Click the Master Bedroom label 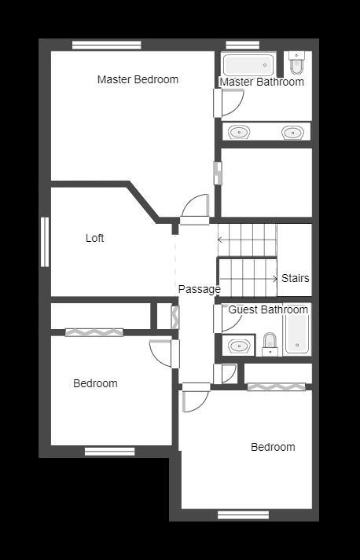(x=138, y=79)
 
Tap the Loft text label (x=95, y=238)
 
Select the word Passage (x=199, y=289)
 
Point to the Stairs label (x=296, y=278)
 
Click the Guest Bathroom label (x=268, y=309)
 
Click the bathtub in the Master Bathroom (x=248, y=64)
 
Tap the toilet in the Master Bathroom (x=296, y=62)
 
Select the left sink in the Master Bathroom (x=239, y=132)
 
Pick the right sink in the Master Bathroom (x=292, y=133)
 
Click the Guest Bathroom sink (x=239, y=346)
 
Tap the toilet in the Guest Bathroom (x=270, y=344)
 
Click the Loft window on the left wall (x=45, y=242)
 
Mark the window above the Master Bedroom (x=107, y=45)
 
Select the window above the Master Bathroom (x=243, y=45)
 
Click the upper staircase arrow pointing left (x=247, y=240)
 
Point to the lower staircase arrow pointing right (x=248, y=279)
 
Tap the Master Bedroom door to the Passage (x=194, y=209)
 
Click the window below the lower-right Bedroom (x=243, y=514)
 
